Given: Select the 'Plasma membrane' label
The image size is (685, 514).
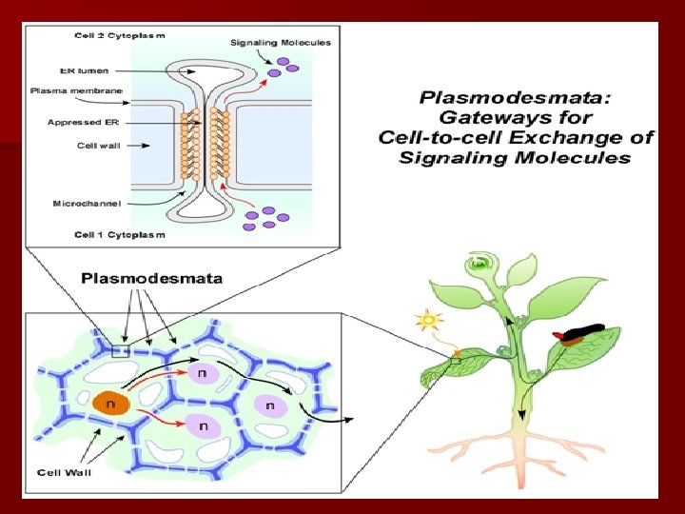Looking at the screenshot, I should (76, 90).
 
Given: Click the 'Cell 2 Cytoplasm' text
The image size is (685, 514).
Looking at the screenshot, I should (119, 35).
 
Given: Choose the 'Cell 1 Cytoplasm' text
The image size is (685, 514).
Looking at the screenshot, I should (119, 234).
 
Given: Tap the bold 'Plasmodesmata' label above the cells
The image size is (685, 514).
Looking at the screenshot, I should (152, 279).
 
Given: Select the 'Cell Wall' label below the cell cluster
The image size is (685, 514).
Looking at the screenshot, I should (63, 471).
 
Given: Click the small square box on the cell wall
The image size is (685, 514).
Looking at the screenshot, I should (120, 351).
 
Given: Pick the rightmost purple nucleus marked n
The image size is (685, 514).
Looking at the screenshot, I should (271, 406).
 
